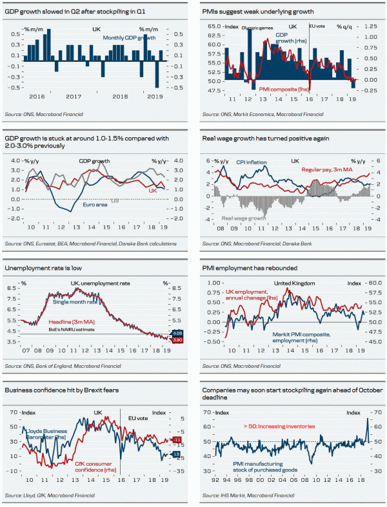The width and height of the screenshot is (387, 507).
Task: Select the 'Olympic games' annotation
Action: point(257,28)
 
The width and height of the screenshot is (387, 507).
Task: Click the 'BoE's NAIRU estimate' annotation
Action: point(72,330)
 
